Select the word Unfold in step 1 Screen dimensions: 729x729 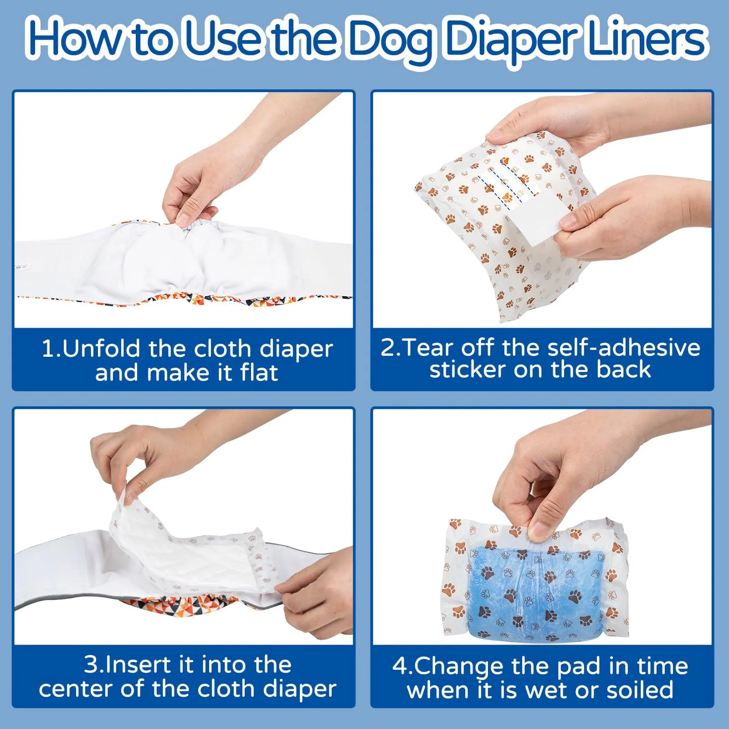101,349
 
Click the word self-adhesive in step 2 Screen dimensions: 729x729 624,348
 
